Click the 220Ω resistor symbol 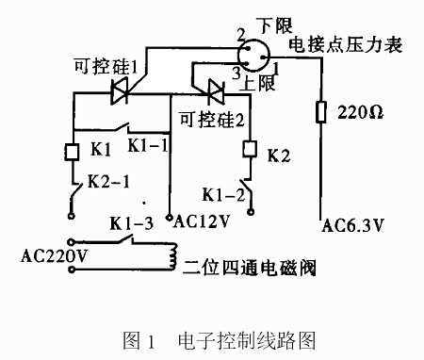(x=320, y=112)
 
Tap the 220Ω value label (x=360, y=112)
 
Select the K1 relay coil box (x=72, y=152)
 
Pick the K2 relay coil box (x=250, y=149)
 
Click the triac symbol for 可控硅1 (x=120, y=92)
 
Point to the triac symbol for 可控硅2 (x=216, y=92)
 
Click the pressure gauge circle (x=253, y=56)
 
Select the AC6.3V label (x=352, y=225)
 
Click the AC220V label (x=54, y=256)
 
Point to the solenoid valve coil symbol (x=172, y=255)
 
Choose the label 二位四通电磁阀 (x=249, y=268)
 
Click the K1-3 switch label (x=132, y=223)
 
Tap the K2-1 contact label (x=108, y=181)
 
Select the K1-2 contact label (x=223, y=195)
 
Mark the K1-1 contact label (x=148, y=145)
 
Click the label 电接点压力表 (x=346, y=44)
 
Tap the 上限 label (x=258, y=83)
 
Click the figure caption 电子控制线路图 (x=247, y=340)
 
